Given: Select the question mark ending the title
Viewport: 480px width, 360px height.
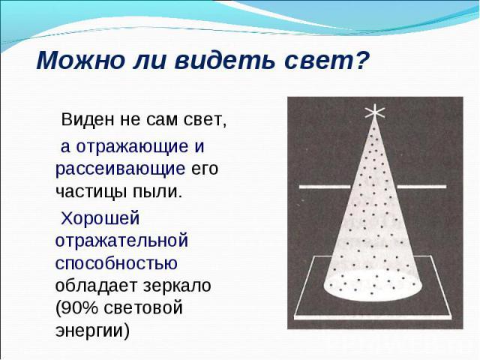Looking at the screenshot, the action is (x=359, y=59).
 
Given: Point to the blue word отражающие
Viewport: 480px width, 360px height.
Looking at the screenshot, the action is (x=132, y=147).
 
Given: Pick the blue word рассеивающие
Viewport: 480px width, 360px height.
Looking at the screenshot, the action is (x=120, y=169).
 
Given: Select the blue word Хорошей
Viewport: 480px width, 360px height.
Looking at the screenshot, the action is (x=100, y=218).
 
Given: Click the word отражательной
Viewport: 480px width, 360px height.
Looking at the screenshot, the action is (x=121, y=241).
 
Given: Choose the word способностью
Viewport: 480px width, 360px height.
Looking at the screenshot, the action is (x=116, y=263).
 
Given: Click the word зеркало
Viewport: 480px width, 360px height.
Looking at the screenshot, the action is (x=177, y=286).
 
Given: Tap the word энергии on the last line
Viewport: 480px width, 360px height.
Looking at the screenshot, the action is (x=92, y=331).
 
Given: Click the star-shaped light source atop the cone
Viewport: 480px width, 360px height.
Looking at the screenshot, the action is (x=375, y=112).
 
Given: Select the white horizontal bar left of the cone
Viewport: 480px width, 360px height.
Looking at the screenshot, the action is (x=325, y=187).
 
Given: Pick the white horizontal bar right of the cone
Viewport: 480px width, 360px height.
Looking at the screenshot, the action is (x=421, y=187).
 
